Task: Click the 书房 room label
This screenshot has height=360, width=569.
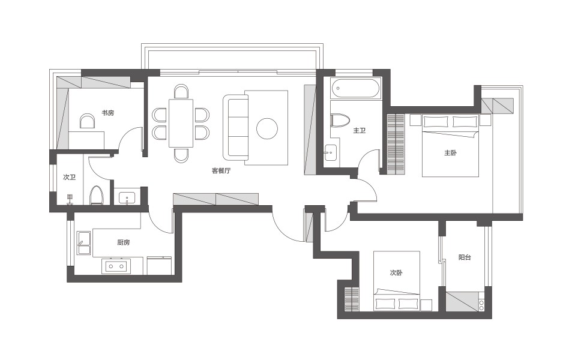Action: pos(108,113)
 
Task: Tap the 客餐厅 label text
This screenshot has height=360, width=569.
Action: pos(221,170)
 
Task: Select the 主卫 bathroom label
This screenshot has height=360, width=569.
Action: pos(360,130)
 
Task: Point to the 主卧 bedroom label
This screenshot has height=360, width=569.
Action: pos(450,153)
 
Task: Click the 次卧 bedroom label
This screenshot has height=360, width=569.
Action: pos(396,272)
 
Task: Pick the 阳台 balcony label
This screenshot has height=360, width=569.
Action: pos(465,257)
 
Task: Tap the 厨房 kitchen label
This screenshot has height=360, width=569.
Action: pos(124,242)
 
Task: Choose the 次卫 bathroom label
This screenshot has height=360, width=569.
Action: pos(69,177)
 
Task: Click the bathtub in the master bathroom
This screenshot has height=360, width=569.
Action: pos(355,89)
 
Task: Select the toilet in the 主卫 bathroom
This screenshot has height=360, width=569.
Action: pos(340,121)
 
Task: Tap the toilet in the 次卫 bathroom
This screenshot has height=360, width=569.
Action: pos(97,195)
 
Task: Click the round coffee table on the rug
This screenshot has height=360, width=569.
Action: pos(267,128)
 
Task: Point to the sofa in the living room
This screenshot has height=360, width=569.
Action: pos(236,127)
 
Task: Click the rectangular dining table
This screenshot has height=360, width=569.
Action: pos(181,124)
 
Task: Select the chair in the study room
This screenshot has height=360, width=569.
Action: pos(87,121)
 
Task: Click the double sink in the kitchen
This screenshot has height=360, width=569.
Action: pos(83,243)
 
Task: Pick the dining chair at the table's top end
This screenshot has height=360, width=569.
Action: pos(181,91)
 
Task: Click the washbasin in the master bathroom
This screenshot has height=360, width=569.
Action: pos(330,153)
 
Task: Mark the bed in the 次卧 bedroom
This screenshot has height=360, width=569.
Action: pos(397,281)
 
